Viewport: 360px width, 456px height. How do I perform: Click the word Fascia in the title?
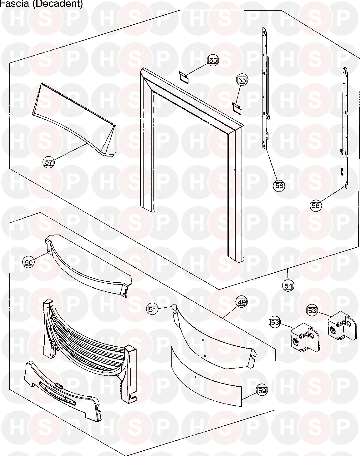[14, 4]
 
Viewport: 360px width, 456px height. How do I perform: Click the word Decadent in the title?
[58, 4]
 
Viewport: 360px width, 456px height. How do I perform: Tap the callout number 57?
[48, 162]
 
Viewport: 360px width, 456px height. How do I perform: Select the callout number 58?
[279, 186]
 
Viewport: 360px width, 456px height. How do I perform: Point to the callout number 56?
[316, 205]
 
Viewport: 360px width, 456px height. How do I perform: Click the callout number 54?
[288, 286]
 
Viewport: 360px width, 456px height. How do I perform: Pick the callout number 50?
[28, 262]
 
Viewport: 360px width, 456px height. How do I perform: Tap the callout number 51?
[152, 310]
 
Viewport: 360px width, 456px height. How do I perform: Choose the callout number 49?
[242, 302]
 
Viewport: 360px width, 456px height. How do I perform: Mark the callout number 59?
[262, 390]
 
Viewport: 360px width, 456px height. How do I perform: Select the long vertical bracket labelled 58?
[265, 89]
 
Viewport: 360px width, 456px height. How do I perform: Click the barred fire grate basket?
[89, 348]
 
